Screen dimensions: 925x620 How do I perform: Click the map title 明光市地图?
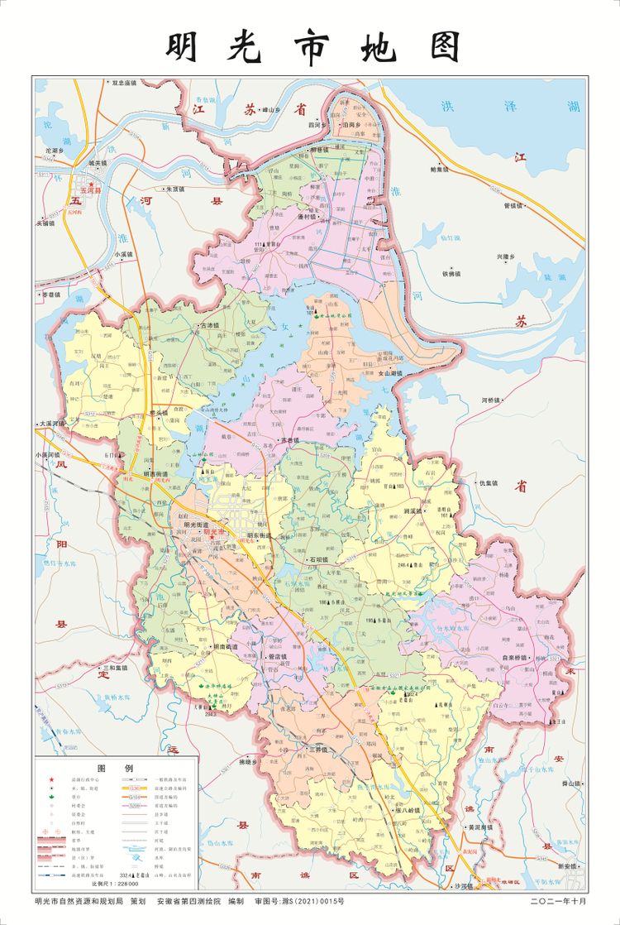(x=313, y=48)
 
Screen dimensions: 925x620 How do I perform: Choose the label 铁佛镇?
(x=455, y=272)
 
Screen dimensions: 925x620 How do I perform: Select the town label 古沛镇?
(x=206, y=325)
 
